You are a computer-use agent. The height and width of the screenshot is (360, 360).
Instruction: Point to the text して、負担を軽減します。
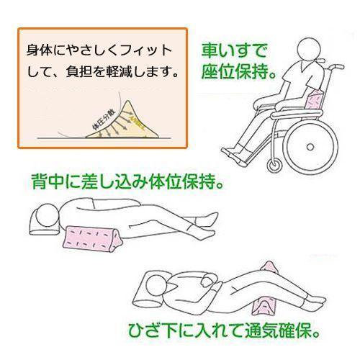[105, 72]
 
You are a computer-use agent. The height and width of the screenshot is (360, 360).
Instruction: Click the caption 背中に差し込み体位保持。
[132, 180]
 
